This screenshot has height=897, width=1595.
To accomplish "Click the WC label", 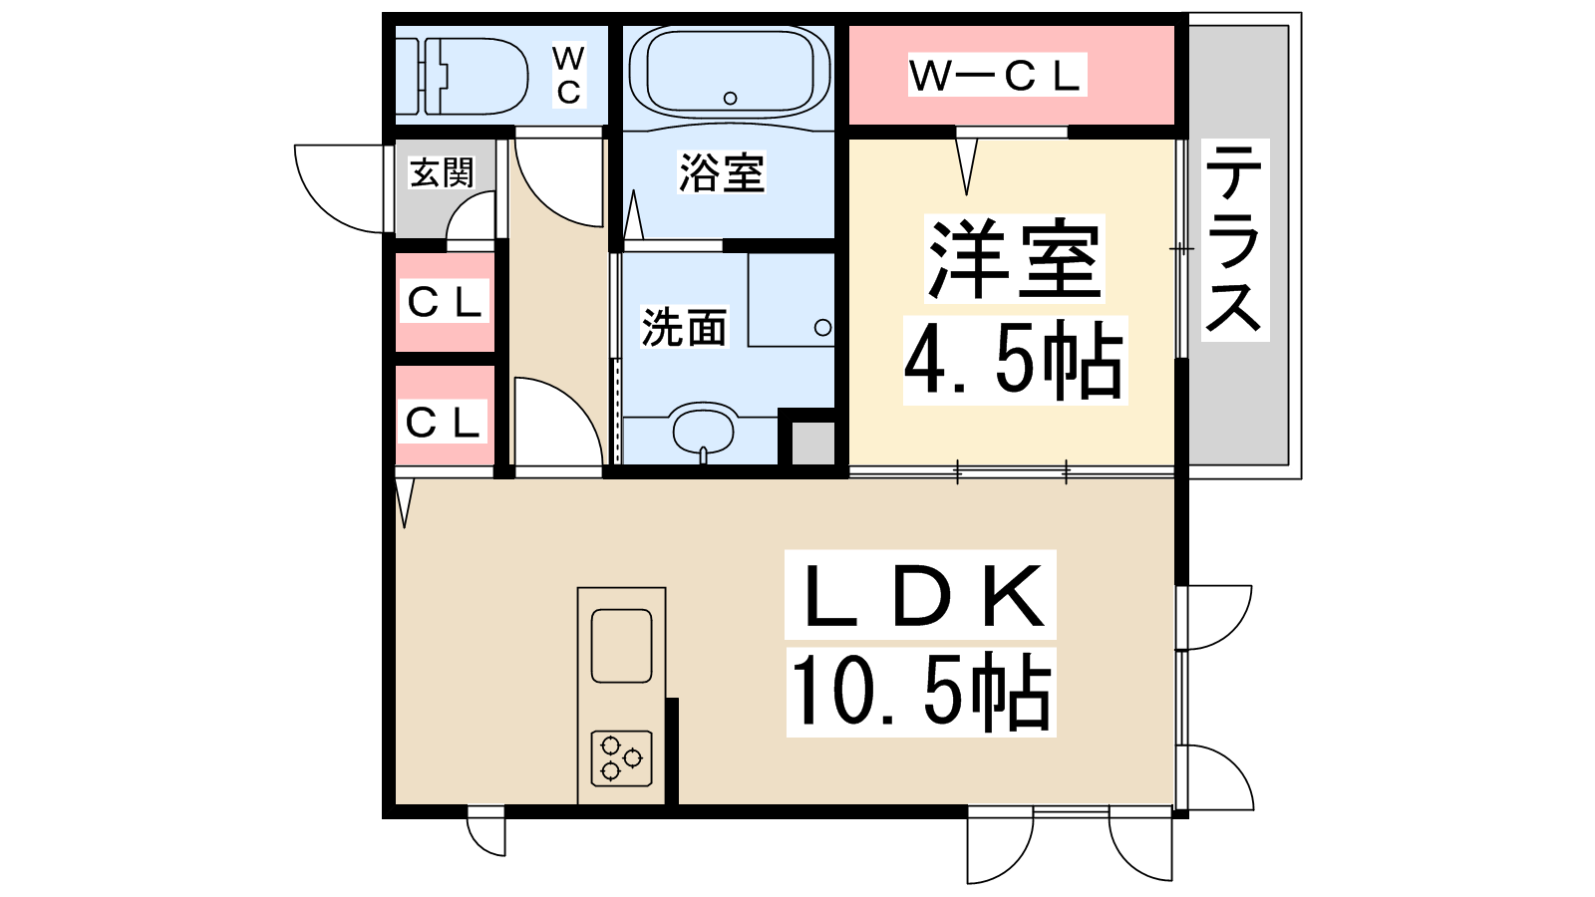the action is [569, 76].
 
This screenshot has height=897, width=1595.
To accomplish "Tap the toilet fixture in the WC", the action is [462, 76].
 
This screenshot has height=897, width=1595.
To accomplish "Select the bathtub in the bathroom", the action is [729, 74].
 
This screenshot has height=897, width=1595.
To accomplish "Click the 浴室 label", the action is [722, 173].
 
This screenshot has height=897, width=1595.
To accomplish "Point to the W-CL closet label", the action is [996, 75].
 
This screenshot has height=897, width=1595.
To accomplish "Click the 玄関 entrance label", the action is [442, 172].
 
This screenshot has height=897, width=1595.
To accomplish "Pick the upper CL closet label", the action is [445, 303].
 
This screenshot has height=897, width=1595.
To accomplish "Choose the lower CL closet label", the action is [443, 423].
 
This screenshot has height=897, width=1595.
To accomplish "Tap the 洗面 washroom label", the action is [684, 328].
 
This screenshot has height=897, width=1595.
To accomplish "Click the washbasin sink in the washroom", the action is [703, 429].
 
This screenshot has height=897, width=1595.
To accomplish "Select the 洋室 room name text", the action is [1014, 259].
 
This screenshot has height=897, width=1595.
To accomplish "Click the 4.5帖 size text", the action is [1014, 361].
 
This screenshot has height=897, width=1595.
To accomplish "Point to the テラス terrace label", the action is [1235, 240].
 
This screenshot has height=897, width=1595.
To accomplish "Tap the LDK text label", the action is [921, 595].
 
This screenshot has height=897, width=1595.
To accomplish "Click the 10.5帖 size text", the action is [921, 692].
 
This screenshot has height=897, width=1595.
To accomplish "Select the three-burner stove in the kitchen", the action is [622, 758].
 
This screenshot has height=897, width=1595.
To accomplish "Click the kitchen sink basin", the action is [622, 646].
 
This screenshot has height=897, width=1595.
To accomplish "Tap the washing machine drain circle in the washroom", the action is [822, 328].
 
